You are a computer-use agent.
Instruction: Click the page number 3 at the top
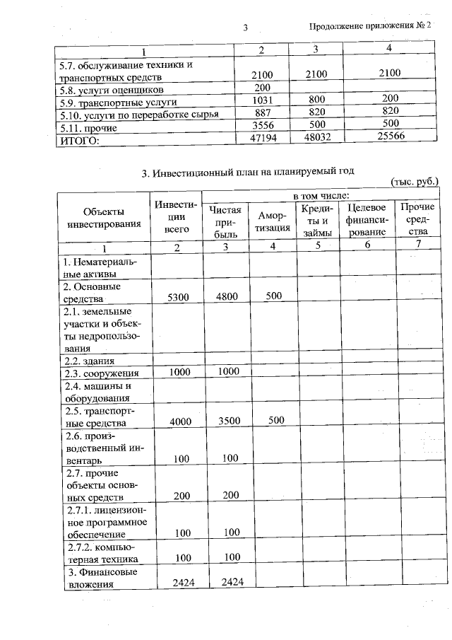tap(244, 28)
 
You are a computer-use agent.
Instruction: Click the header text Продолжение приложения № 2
tap(369, 26)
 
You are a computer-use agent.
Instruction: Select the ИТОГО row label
tap(78, 141)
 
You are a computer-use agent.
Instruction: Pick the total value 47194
tap(262, 139)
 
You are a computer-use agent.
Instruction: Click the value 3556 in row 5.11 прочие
tap(262, 127)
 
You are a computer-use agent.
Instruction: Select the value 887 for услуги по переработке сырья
tap(262, 115)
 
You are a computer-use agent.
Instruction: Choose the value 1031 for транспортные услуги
tap(262, 102)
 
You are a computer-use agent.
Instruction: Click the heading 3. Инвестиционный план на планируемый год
tap(247, 171)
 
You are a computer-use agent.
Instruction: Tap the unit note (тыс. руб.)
tap(415, 182)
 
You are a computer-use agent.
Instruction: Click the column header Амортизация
tap(273, 221)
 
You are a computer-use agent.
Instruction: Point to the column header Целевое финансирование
tap(367, 219)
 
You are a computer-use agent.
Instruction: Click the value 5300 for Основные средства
tap(177, 298)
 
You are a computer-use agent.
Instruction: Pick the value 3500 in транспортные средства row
tap(228, 420)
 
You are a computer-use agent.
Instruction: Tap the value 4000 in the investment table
tap(177, 421)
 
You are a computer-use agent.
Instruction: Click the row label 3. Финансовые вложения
tap(101, 578)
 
